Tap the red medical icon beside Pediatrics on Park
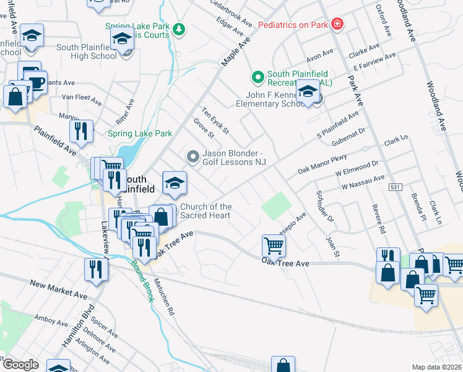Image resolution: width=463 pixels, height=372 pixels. click(337, 24)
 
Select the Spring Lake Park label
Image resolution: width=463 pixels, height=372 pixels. click(140, 133)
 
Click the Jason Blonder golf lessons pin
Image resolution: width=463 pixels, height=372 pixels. click(193, 157)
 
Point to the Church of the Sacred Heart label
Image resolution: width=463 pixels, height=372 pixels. click(206, 211)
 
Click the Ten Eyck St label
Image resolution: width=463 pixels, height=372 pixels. click(216, 120)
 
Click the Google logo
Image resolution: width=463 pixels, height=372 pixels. click(20, 365)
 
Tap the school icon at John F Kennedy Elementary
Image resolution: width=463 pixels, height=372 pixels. click(308, 93)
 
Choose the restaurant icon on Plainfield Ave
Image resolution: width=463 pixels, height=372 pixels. click(81, 131)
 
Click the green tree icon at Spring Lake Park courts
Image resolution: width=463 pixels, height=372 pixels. click(179, 29)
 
